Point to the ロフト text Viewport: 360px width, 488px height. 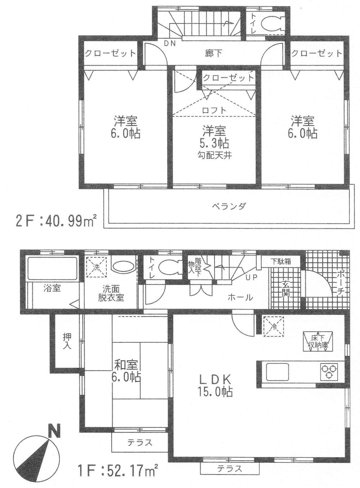(215, 111)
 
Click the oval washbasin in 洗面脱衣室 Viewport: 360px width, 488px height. (122, 268)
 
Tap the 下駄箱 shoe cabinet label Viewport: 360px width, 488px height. (280, 262)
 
